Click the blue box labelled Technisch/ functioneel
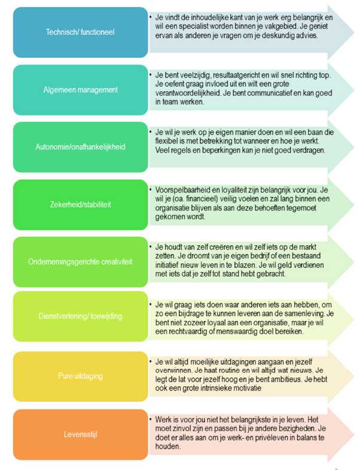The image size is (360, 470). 80,32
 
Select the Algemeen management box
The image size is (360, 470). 80,90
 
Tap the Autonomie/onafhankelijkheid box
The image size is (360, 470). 80,147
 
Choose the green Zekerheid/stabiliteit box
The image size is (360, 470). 80,205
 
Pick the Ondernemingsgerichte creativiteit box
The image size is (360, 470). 80,262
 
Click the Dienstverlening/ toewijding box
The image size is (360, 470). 80,316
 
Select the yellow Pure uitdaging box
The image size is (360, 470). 80,376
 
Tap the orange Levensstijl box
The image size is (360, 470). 80,434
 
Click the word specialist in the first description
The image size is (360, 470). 190,26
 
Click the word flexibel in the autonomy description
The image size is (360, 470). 166,141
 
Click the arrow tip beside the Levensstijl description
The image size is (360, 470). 354,434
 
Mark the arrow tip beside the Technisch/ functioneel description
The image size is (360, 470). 354,32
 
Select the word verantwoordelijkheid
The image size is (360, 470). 188,93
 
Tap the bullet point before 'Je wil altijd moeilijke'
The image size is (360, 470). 151,361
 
